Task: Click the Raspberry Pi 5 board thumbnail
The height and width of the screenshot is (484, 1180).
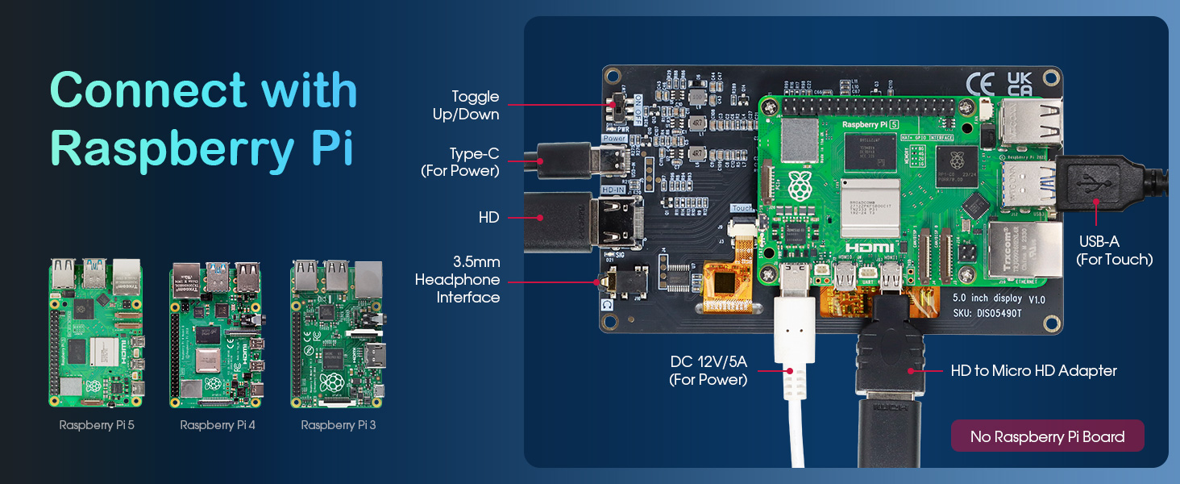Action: click(x=96, y=332)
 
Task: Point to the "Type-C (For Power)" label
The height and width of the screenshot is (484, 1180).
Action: click(x=461, y=162)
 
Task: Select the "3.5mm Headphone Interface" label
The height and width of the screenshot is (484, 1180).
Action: click(x=458, y=280)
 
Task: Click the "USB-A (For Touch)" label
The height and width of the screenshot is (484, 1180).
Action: click(x=1114, y=250)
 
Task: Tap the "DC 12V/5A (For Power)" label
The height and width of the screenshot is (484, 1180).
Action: click(x=708, y=370)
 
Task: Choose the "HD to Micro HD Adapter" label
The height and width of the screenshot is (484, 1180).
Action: click(x=1033, y=371)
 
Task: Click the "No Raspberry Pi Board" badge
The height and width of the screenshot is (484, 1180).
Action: click(x=1047, y=436)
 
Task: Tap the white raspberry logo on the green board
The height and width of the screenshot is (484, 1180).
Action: click(x=800, y=186)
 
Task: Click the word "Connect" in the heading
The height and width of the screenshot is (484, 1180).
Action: click(x=147, y=90)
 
